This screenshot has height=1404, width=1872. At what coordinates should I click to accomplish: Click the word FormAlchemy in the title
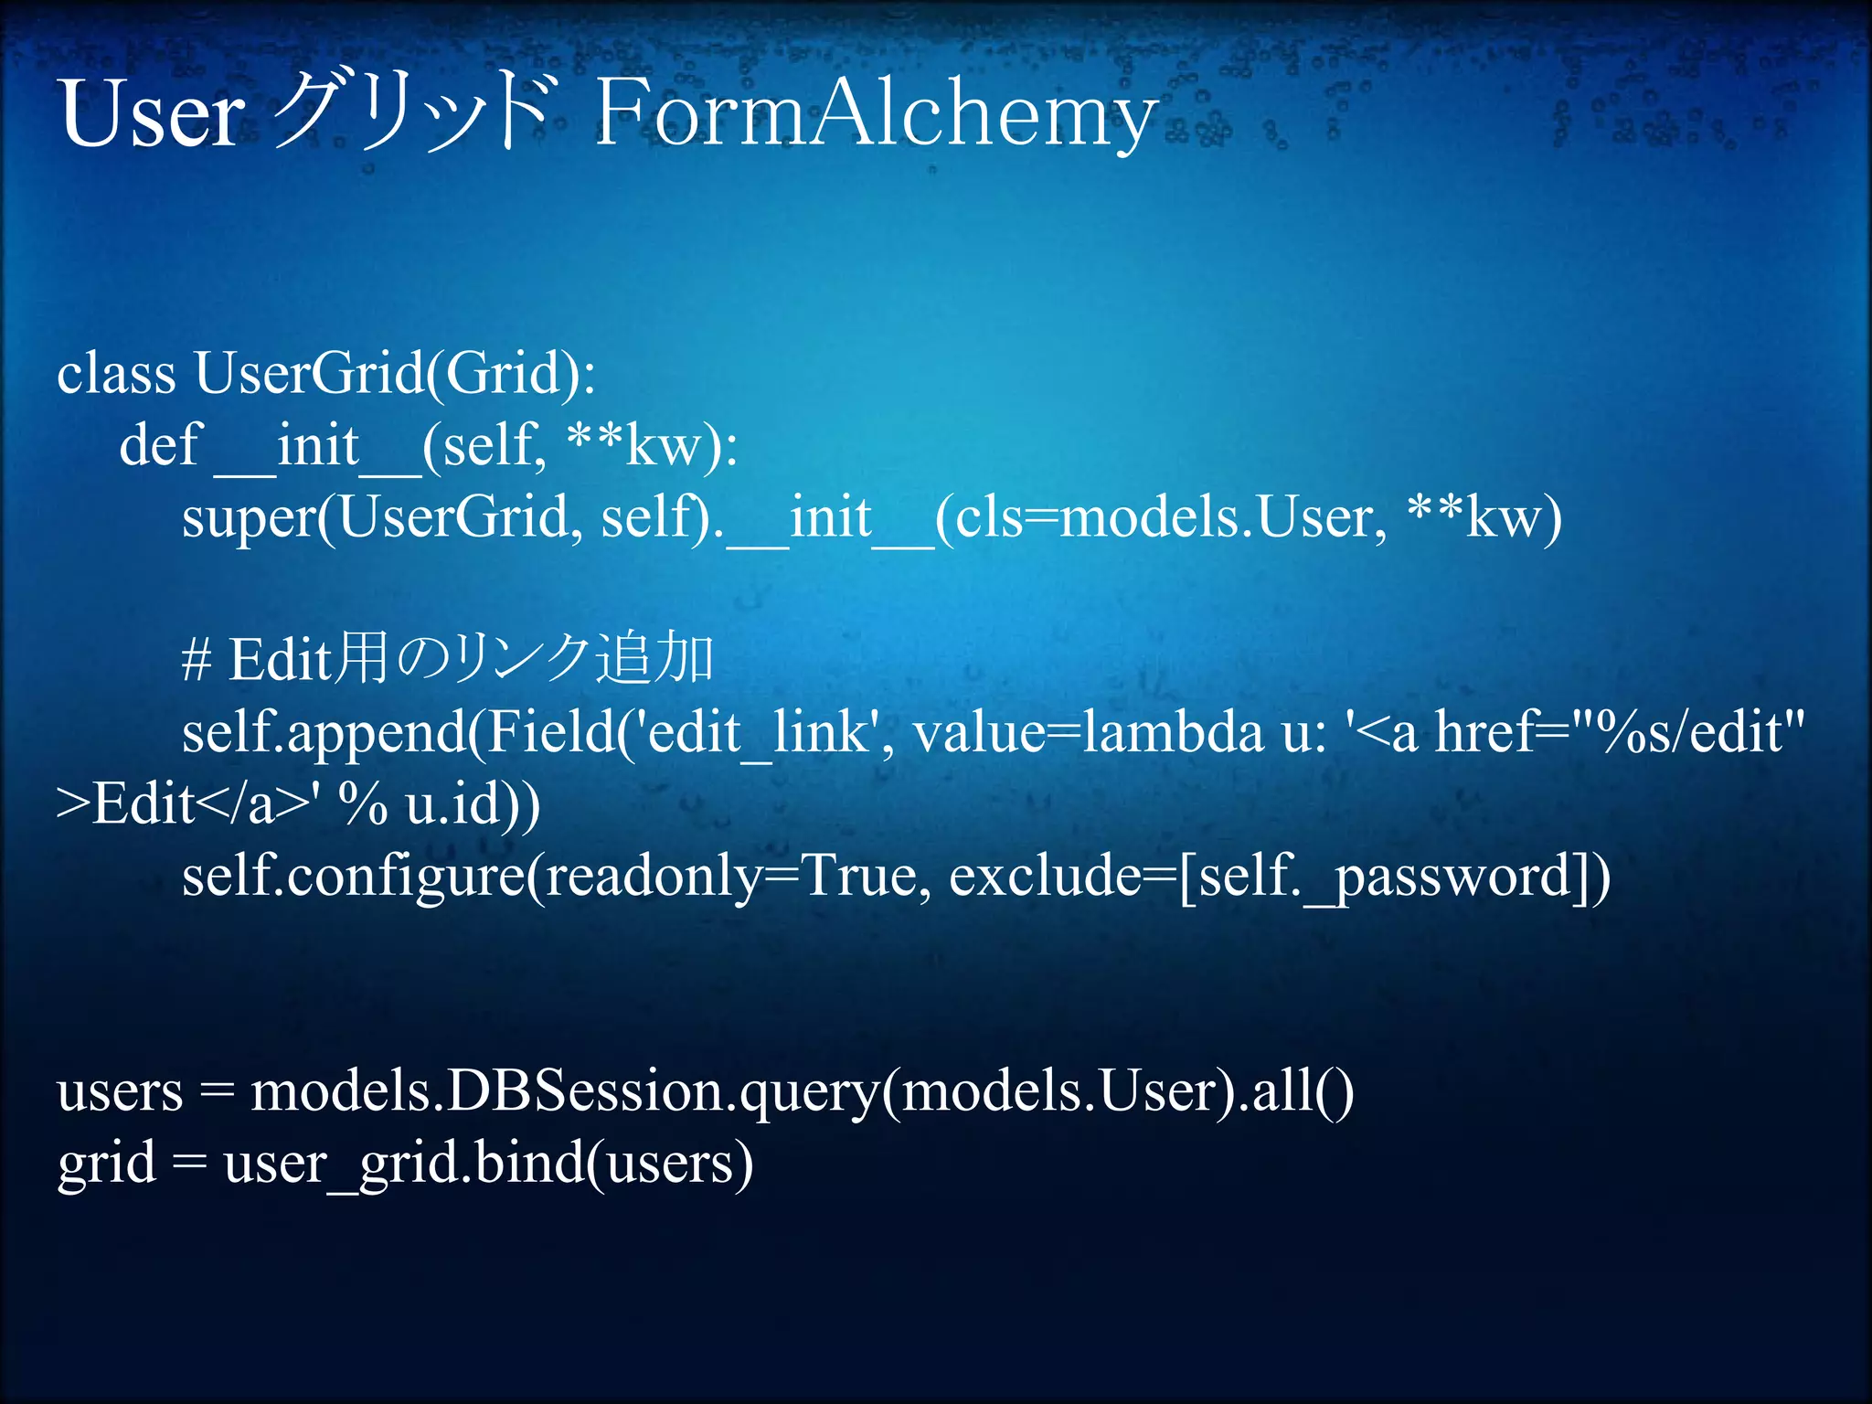(x=876, y=114)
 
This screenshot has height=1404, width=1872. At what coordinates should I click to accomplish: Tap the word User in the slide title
(x=152, y=114)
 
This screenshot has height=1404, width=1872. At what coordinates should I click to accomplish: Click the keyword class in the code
(x=116, y=374)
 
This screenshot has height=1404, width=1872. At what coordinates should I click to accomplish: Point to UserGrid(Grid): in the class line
(x=395, y=374)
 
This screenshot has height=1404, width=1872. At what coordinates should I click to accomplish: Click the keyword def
(x=160, y=446)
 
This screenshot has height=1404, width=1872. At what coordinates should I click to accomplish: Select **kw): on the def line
(x=652, y=446)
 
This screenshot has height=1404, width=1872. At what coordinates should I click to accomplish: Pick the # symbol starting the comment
(x=197, y=660)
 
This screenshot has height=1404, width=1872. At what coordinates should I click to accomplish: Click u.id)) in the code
(x=473, y=804)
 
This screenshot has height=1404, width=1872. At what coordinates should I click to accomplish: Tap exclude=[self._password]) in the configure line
(x=1280, y=876)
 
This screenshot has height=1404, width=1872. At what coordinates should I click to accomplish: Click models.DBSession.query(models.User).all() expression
(x=802, y=1091)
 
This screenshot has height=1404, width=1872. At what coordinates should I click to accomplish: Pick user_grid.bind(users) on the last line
(x=489, y=1164)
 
